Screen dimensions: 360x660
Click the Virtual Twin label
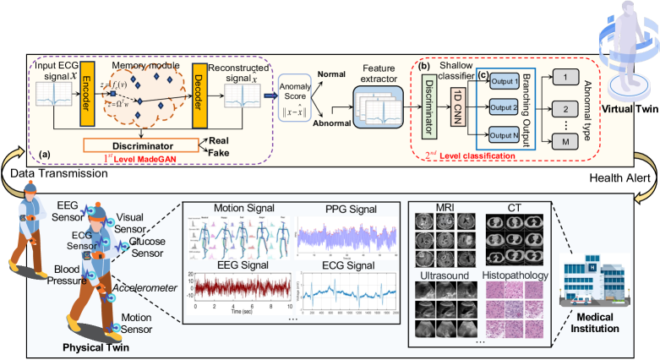tap(625, 109)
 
